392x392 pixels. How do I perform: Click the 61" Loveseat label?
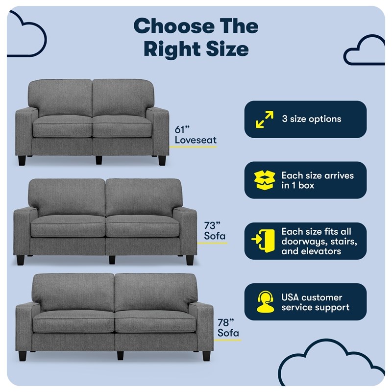click(x=196, y=135)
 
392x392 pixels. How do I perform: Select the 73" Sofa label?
click(x=215, y=231)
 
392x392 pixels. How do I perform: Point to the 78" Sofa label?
click(x=228, y=328)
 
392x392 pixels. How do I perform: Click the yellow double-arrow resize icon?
click(x=265, y=120)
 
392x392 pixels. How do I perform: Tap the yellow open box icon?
click(x=265, y=180)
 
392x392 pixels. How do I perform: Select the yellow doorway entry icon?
click(x=263, y=241)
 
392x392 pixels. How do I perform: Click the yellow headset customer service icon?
click(x=265, y=302)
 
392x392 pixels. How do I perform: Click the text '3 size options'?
click(x=312, y=119)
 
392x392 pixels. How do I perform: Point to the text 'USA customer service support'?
click(x=315, y=302)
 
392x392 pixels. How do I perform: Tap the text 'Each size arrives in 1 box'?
click(x=318, y=180)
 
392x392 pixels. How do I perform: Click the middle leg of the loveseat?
click(x=99, y=160)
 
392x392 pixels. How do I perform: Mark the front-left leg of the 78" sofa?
click(x=23, y=356)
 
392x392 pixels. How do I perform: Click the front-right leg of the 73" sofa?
click(x=190, y=260)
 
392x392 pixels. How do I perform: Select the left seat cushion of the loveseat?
click(x=62, y=126)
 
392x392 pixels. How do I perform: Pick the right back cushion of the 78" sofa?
click(x=155, y=292)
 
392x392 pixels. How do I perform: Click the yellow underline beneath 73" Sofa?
click(x=212, y=243)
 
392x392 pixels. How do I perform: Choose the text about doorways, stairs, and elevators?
click(x=319, y=241)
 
